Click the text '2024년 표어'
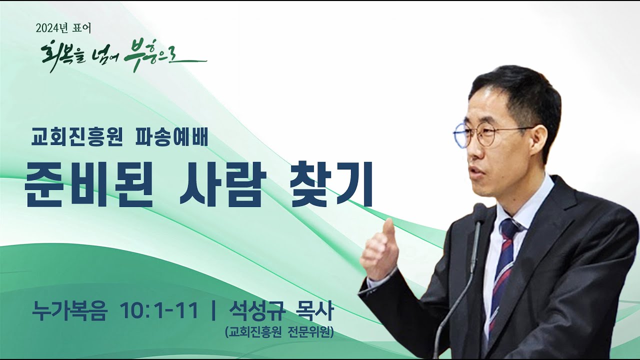[x=63, y=28]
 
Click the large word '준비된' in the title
[x=88, y=184]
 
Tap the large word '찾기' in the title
[x=332, y=184]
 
